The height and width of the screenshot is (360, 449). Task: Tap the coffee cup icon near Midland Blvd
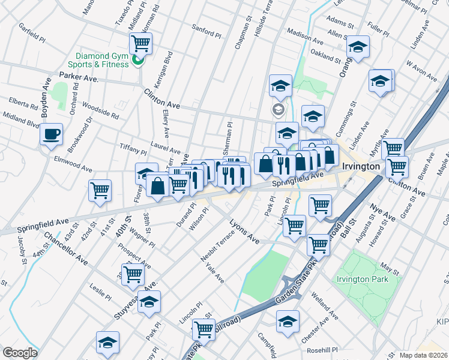pos(52,134)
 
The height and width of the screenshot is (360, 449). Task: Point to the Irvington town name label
pos(360,166)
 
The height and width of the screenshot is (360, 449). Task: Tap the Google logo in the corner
pos(20,353)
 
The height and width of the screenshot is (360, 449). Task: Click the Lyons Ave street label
pos(244,232)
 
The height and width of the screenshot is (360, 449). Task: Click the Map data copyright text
pos(423,355)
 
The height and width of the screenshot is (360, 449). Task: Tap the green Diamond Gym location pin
pos(137,60)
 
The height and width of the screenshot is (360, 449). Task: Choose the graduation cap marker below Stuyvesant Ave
pos(149,303)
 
